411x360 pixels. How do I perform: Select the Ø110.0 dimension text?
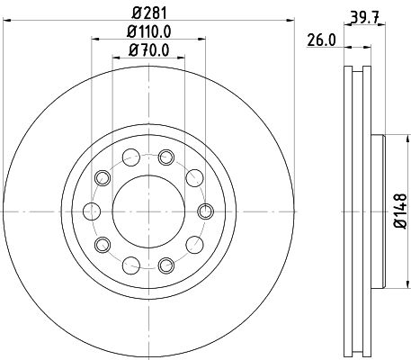pos(149,33)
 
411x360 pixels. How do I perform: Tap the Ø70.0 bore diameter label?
pos(149,52)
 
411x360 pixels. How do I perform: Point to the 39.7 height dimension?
pos(364,13)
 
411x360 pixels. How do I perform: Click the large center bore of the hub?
pos(149,211)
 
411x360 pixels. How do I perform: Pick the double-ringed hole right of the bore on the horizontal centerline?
pos(204,211)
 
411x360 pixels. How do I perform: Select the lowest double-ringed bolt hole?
pos(165,265)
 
